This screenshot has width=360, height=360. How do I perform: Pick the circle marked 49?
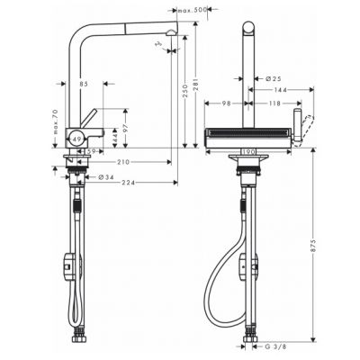point(79,137)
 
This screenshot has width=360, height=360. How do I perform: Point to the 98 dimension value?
point(226,103)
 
